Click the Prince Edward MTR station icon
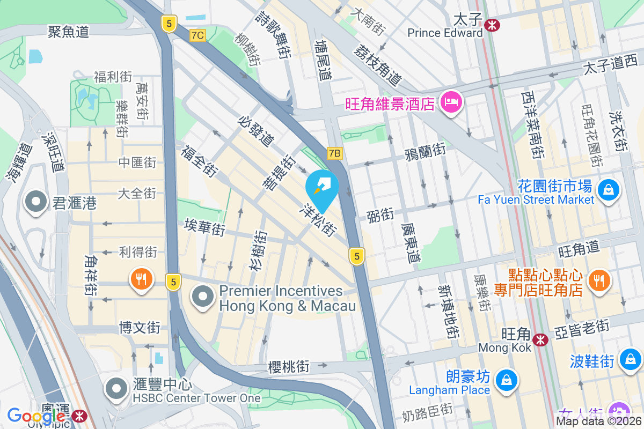point(491,24)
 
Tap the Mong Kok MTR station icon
point(540,339)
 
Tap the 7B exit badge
point(334,154)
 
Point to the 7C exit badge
point(197,35)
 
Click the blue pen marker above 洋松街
point(322,188)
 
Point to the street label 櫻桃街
point(289,367)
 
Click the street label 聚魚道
point(68,32)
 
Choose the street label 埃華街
point(204,226)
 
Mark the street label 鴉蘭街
point(425,151)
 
